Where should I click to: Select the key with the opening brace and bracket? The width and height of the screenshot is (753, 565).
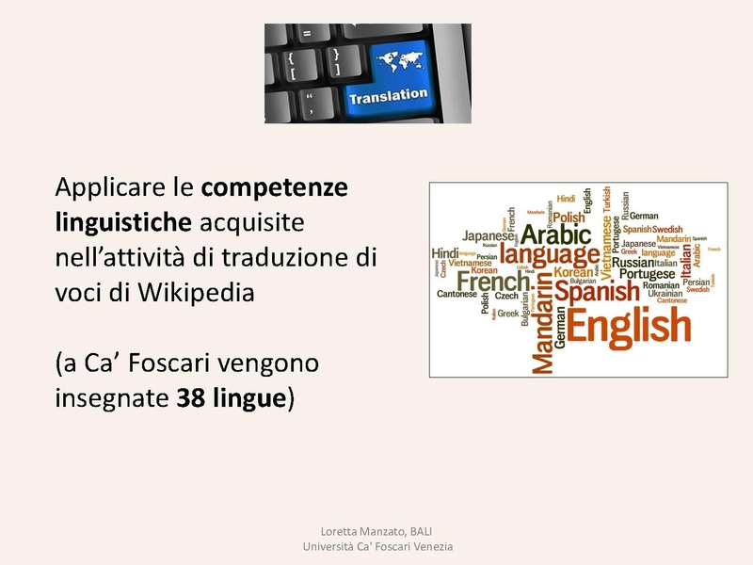(294, 63)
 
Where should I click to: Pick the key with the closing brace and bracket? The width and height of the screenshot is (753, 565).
(336, 63)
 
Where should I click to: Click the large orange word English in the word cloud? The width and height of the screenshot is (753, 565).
(629, 327)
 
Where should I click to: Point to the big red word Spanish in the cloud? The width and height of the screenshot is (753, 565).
(596, 291)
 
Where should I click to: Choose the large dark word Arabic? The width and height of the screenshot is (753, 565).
(555, 233)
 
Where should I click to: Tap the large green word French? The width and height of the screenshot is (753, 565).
(493, 281)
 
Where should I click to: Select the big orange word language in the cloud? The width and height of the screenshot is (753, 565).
(549, 254)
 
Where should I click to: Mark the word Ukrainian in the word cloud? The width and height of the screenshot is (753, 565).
(665, 293)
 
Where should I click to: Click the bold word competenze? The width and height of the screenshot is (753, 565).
(274, 187)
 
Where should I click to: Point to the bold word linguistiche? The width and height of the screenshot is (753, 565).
(124, 222)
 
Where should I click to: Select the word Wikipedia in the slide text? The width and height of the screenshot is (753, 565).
(196, 292)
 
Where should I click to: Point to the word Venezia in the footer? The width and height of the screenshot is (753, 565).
(430, 546)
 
